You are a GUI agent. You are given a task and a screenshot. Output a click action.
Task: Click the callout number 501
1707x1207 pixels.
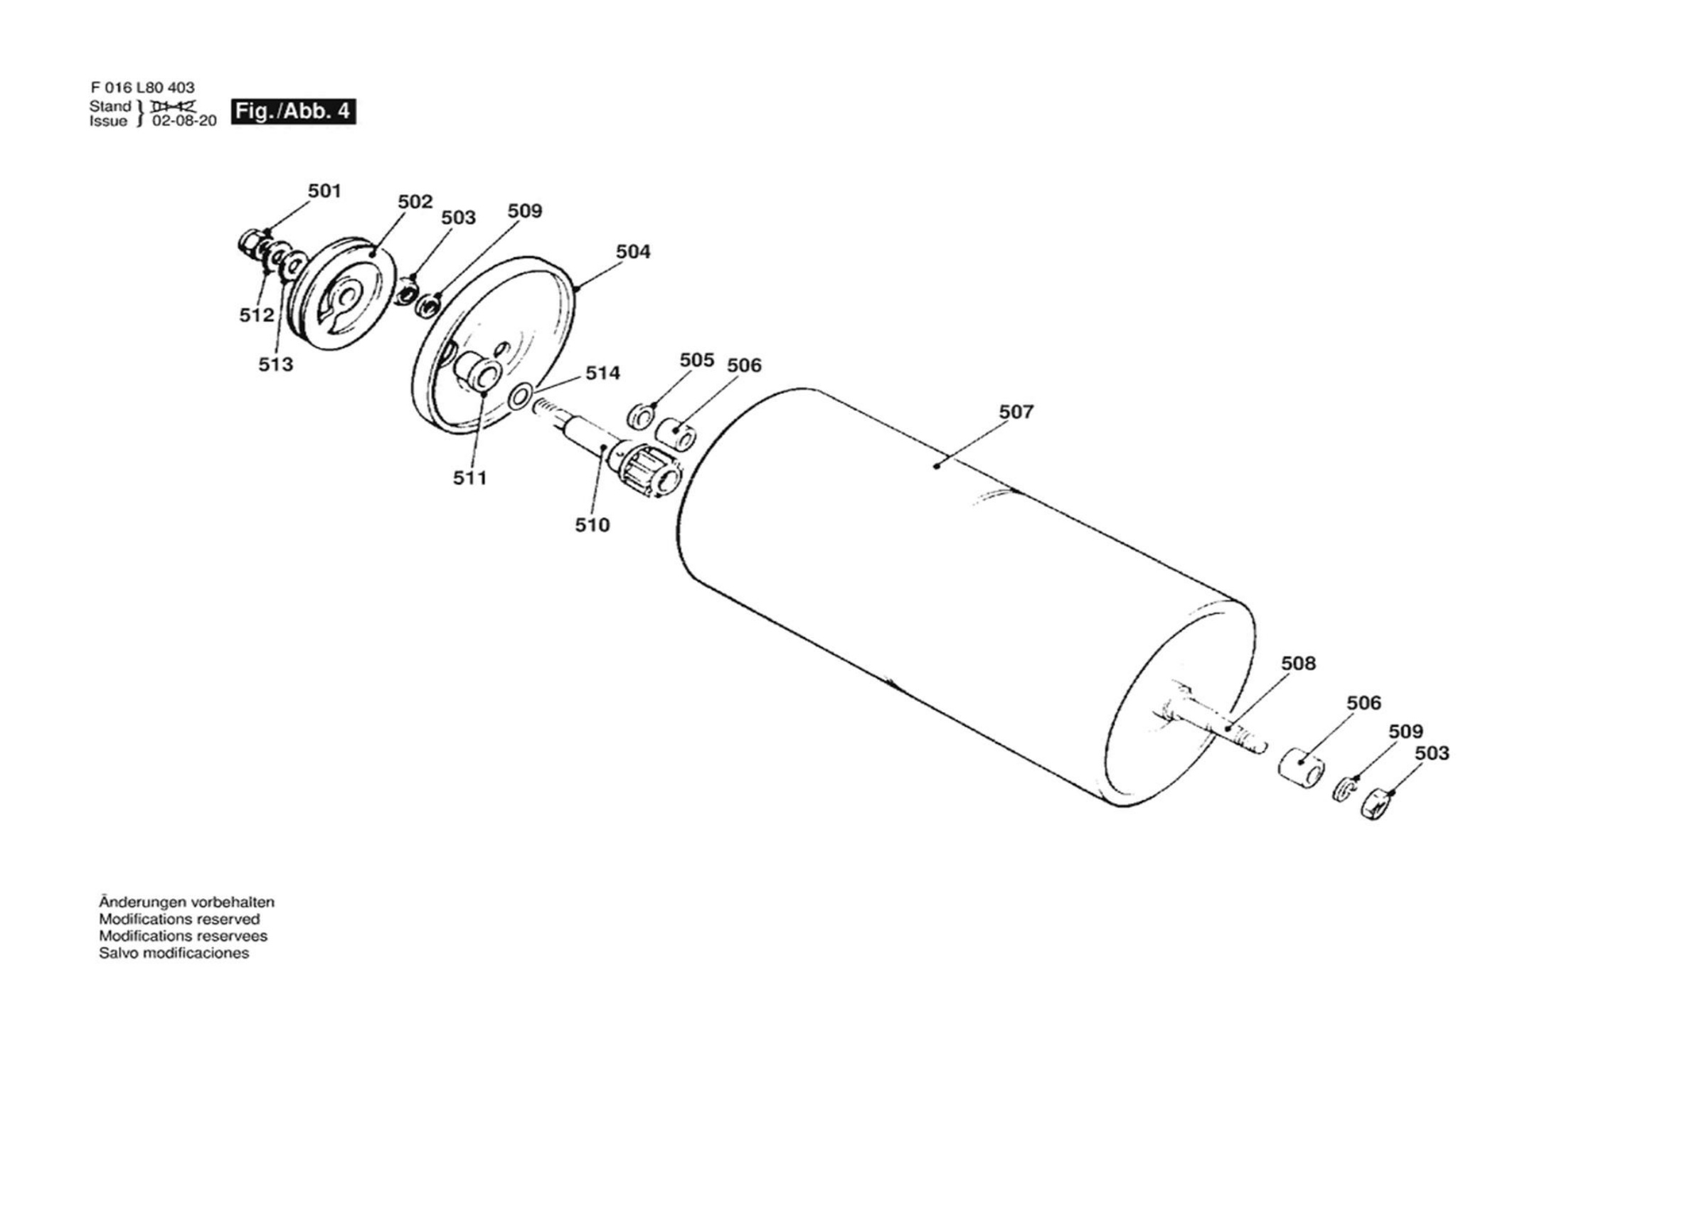[x=324, y=191]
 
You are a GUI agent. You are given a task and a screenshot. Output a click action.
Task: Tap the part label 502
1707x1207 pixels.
[x=415, y=201]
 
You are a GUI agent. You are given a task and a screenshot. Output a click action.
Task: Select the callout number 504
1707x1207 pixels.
[x=633, y=251]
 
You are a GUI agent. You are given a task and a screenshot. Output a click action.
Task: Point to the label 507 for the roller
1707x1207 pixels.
[x=1016, y=411]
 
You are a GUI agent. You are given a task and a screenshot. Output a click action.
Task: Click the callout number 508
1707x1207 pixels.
[x=1298, y=663]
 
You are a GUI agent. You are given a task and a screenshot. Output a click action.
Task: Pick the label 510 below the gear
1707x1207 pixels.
[x=592, y=525]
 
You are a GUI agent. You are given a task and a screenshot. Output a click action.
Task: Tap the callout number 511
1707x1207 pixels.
[x=470, y=477]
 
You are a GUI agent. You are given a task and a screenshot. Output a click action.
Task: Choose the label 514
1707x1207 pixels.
[x=602, y=373]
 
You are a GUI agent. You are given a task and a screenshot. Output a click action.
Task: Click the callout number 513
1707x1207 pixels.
[x=276, y=364]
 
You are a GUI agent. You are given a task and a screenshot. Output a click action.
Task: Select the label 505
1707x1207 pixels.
[x=696, y=360]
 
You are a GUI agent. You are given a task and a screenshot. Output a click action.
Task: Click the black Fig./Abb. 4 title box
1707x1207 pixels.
[x=293, y=112]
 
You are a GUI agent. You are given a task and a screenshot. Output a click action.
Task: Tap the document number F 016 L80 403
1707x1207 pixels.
[x=143, y=87]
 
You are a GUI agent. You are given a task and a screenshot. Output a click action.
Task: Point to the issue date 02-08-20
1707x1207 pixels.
[x=184, y=121]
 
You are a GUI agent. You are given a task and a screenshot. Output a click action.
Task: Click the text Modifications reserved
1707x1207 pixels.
[x=179, y=919]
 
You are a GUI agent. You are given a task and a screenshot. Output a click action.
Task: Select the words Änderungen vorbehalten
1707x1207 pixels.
[x=186, y=902]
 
